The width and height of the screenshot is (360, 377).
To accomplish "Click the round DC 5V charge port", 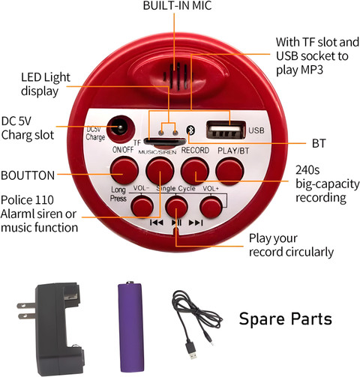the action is coord(121,129).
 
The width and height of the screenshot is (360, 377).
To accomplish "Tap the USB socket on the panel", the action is coord(226,130).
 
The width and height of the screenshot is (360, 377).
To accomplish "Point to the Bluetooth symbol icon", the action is coord(190,130).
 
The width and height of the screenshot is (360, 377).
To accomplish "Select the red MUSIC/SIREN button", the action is coord(160,171).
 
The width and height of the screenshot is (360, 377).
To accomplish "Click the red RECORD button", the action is coord(195,171).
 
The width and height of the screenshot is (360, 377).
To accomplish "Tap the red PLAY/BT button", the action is coord(229,171).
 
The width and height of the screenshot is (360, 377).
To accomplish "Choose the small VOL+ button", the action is coord(211,207).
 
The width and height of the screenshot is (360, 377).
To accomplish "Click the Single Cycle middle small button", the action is coord(177,207).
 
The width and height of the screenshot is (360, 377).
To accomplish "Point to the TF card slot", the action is coord(165,142).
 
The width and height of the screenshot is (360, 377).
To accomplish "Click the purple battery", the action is coord(130,327).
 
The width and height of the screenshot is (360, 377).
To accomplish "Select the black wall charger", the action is coord(55,329).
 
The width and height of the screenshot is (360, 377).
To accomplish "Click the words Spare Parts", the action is coord(286,319).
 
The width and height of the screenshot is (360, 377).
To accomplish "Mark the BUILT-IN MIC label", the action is coord(177,6).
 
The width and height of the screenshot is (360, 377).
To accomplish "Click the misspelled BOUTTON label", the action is coord(28,175).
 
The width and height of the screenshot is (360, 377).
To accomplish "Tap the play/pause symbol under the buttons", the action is coord(176,223).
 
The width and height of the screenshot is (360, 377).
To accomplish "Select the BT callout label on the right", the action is coord(319,143).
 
